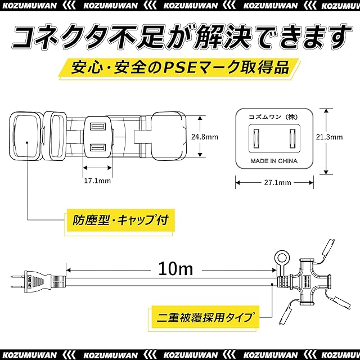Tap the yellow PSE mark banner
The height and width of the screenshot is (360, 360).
[x=179, y=68]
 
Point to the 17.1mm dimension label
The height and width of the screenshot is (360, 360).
[x=97, y=181]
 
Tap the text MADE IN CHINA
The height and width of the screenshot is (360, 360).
[x=274, y=161]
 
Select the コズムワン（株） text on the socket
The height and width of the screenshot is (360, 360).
[x=274, y=117]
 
